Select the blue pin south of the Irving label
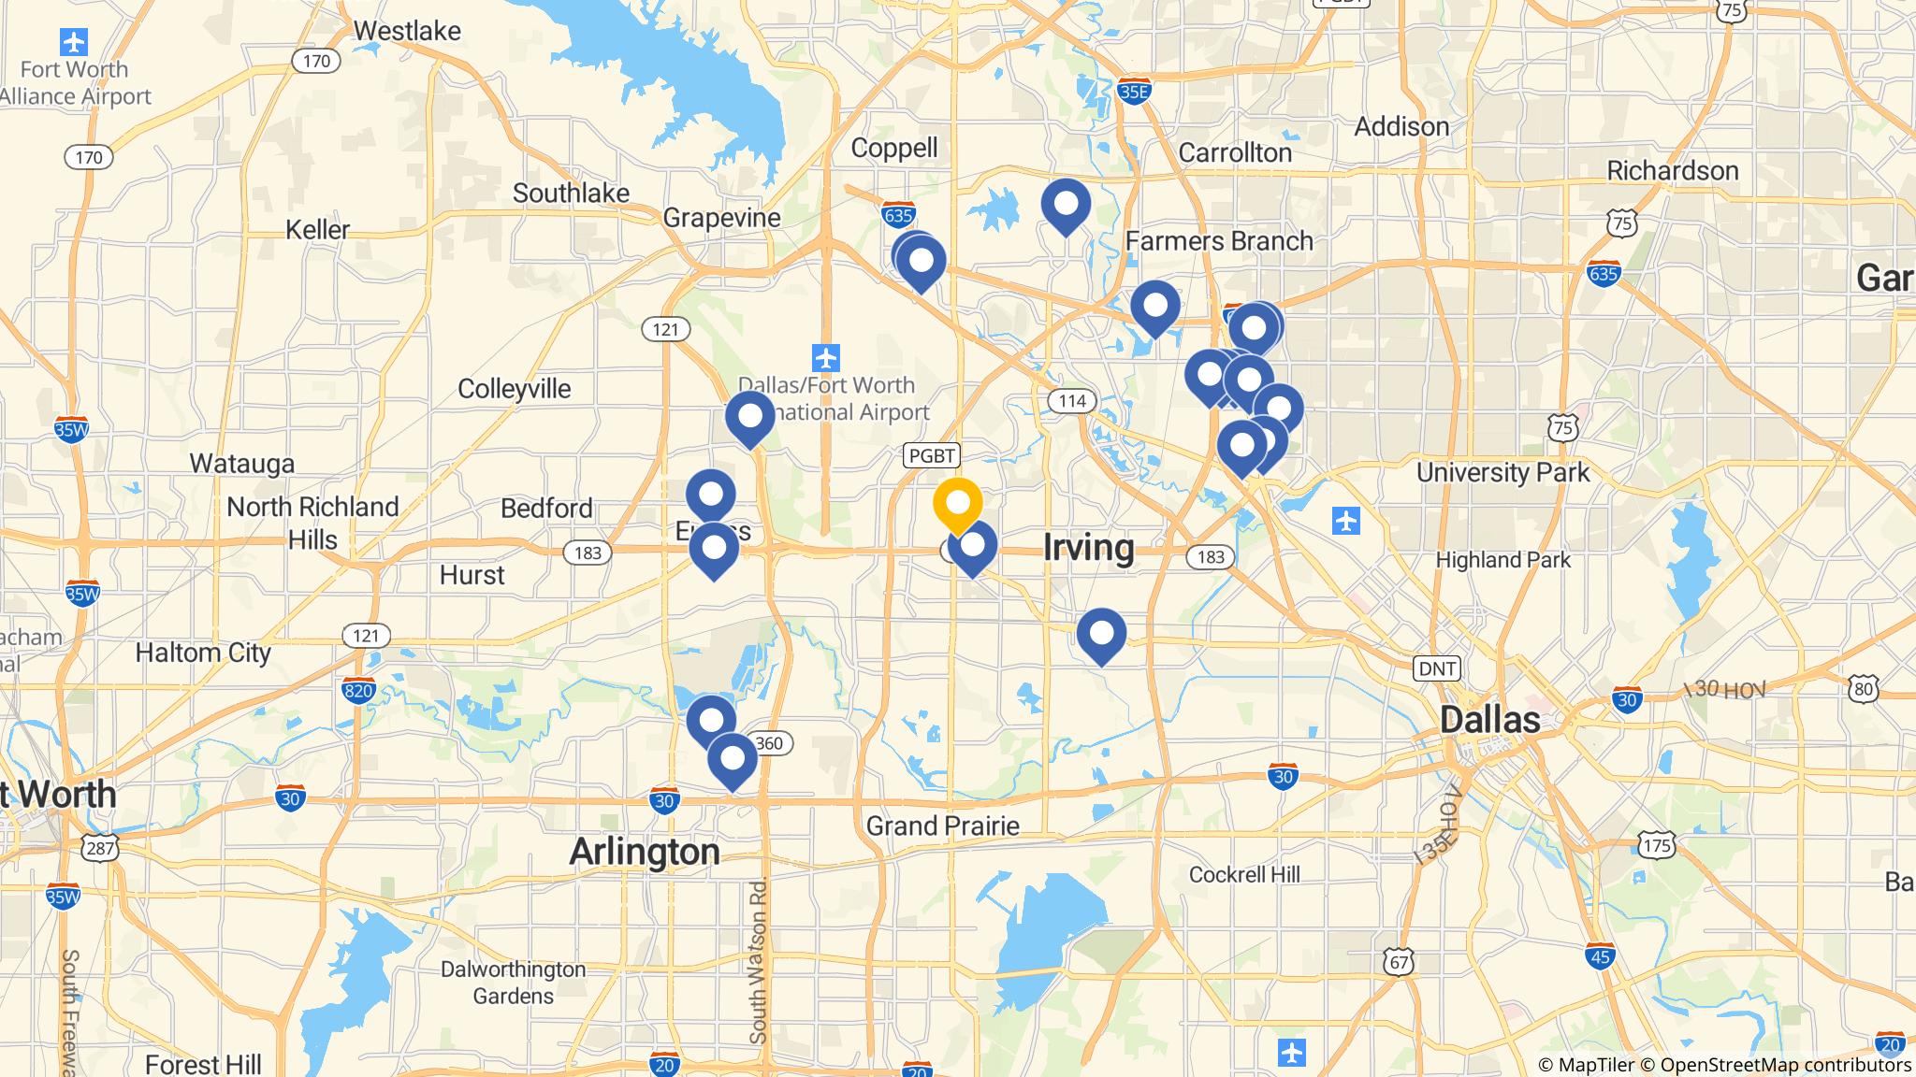[x=1101, y=633]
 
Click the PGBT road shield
[x=932, y=455]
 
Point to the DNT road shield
[x=1437, y=668]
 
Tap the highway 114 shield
[x=1071, y=401]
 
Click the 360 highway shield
[x=769, y=743]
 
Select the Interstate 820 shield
[x=359, y=691]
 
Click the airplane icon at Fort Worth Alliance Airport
[x=73, y=42]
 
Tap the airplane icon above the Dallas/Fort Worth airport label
[x=826, y=357]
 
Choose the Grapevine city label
[x=721, y=218]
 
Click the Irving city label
[x=1089, y=547]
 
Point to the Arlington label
[x=645, y=852]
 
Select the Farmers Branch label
[x=1219, y=241]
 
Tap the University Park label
[x=1502, y=472]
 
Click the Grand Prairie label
[x=942, y=826]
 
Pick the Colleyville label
[x=514, y=389]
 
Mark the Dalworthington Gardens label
[x=513, y=983]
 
